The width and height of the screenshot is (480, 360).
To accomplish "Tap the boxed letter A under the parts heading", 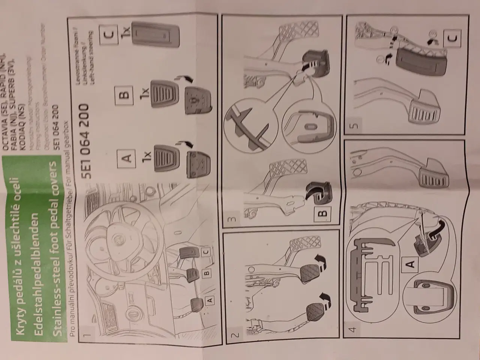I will [127, 157].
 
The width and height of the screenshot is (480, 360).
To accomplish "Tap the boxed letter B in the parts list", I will [126, 94].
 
